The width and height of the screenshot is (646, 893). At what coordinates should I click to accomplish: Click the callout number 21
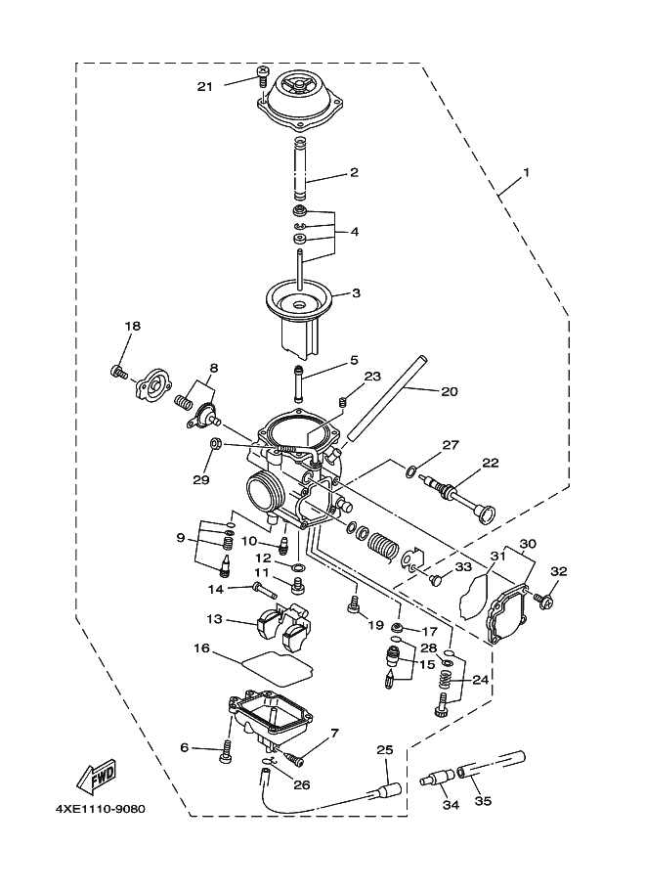coord(205,86)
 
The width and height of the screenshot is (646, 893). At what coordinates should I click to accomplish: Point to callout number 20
coord(449,391)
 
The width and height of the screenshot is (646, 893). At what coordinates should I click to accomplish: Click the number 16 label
coord(202,647)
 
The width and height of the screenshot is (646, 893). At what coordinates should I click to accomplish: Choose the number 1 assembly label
coord(526,172)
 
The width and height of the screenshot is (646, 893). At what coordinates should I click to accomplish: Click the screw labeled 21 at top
coord(262,73)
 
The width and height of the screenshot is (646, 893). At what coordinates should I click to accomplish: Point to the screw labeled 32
coord(542,594)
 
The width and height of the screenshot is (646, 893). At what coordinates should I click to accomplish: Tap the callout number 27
coord(450,444)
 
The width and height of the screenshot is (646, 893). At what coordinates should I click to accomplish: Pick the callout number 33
coord(463,566)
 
